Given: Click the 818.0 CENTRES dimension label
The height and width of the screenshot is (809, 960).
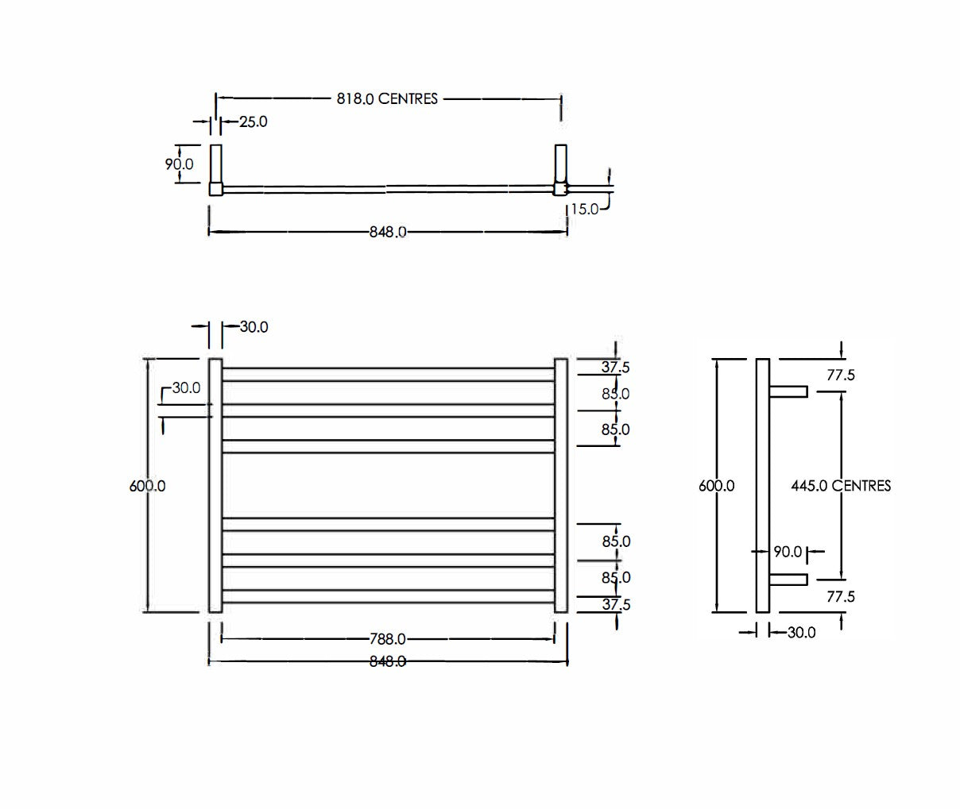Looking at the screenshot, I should coord(386,99).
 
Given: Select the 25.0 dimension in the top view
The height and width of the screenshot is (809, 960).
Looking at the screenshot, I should coord(254,122).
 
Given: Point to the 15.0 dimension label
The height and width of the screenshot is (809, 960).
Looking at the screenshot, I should coord(584,210).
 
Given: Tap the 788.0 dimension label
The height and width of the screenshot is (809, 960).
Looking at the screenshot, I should coord(388,639).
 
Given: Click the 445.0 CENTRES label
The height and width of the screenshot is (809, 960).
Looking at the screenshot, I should coord(841,486).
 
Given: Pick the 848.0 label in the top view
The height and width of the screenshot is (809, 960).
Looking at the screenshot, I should coord(388,233).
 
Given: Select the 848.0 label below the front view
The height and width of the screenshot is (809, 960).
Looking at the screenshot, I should coord(388,662).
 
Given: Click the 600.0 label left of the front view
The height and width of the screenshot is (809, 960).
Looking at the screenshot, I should coord(148,486).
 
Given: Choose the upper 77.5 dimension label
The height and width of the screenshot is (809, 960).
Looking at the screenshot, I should coord(841,376).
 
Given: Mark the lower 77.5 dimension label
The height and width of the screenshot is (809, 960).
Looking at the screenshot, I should coord(841,597).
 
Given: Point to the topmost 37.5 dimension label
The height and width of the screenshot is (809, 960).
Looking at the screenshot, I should coord(616,368).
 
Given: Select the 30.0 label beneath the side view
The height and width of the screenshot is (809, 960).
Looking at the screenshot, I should coord(801,633).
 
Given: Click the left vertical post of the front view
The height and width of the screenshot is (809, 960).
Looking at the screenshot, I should coord(215,486).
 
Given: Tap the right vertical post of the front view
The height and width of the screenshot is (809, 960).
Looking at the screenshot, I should coord(561,486).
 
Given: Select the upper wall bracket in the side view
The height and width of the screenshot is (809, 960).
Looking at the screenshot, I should coord(788,391).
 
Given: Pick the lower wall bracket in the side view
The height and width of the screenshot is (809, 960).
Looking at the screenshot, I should coord(788,580).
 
